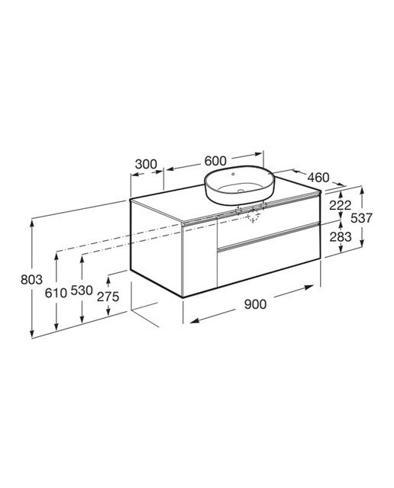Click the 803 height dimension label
click(31, 280)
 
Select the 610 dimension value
click(56, 293)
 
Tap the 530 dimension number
click(82, 291)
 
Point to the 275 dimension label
click(108, 297)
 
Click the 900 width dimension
click(255, 304)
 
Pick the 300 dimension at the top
click(146, 164)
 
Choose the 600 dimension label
click(215, 161)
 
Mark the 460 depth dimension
click(318, 178)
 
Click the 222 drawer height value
click(341, 205)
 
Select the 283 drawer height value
click(341, 237)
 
